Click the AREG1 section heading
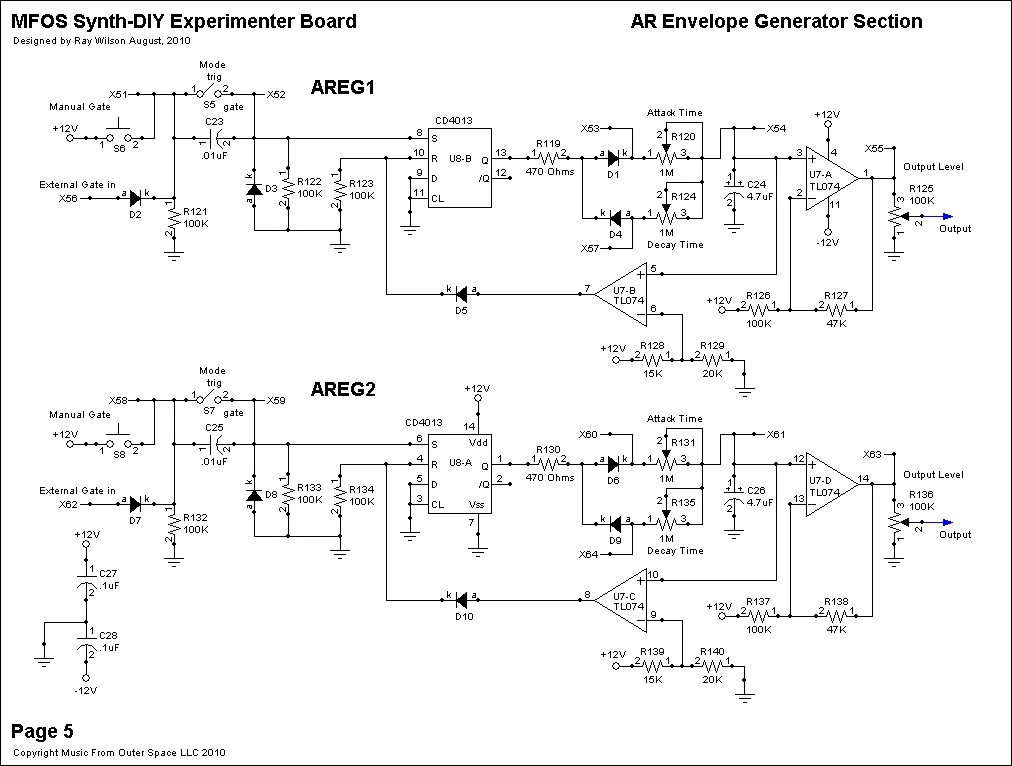[342, 87]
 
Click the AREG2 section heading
[342, 389]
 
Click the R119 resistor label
[548, 144]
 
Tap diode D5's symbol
[460, 294]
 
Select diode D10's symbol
[460, 600]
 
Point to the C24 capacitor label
[756, 185]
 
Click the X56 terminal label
[68, 198]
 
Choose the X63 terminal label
[872, 453]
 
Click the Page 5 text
[42, 731]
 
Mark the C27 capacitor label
[109, 574]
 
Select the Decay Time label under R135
[675, 550]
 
